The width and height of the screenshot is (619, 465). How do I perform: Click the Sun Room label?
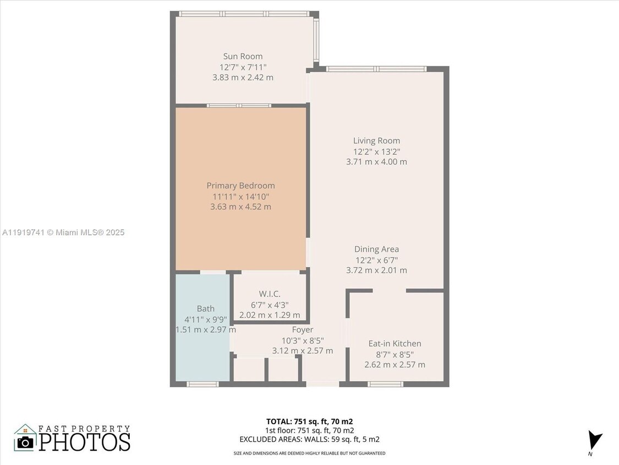coord(243,56)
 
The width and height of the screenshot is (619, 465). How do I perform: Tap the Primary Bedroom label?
coord(240,186)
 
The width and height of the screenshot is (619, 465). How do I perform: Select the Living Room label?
coord(376,140)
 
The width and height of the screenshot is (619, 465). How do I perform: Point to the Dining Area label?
coord(376,249)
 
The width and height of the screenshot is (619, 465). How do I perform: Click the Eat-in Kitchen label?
coord(395,343)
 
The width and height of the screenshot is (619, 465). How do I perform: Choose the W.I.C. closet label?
coord(270,294)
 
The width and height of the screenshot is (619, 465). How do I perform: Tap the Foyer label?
coord(302,329)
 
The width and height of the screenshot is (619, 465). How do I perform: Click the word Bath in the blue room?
coord(205,309)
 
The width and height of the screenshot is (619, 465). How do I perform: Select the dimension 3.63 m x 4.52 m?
coord(240,207)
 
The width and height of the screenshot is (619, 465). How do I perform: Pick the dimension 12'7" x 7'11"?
coord(243,67)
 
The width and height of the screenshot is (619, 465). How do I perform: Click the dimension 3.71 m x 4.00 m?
coord(376,161)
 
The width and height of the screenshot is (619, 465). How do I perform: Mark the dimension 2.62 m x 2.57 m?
coord(395,364)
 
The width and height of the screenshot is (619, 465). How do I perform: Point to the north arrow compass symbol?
coord(594,441)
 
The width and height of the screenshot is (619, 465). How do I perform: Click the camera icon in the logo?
coord(25,442)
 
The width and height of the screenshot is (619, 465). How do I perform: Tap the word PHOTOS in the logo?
coord(84,442)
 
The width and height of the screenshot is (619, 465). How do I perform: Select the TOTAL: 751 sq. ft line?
coord(309,421)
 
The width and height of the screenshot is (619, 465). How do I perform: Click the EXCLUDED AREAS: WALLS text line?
coord(309,439)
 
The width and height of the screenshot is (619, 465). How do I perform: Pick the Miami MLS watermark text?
coord(63,233)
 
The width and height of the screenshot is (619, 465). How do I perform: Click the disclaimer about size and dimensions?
coord(309,453)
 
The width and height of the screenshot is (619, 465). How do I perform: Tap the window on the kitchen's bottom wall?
coord(385,384)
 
